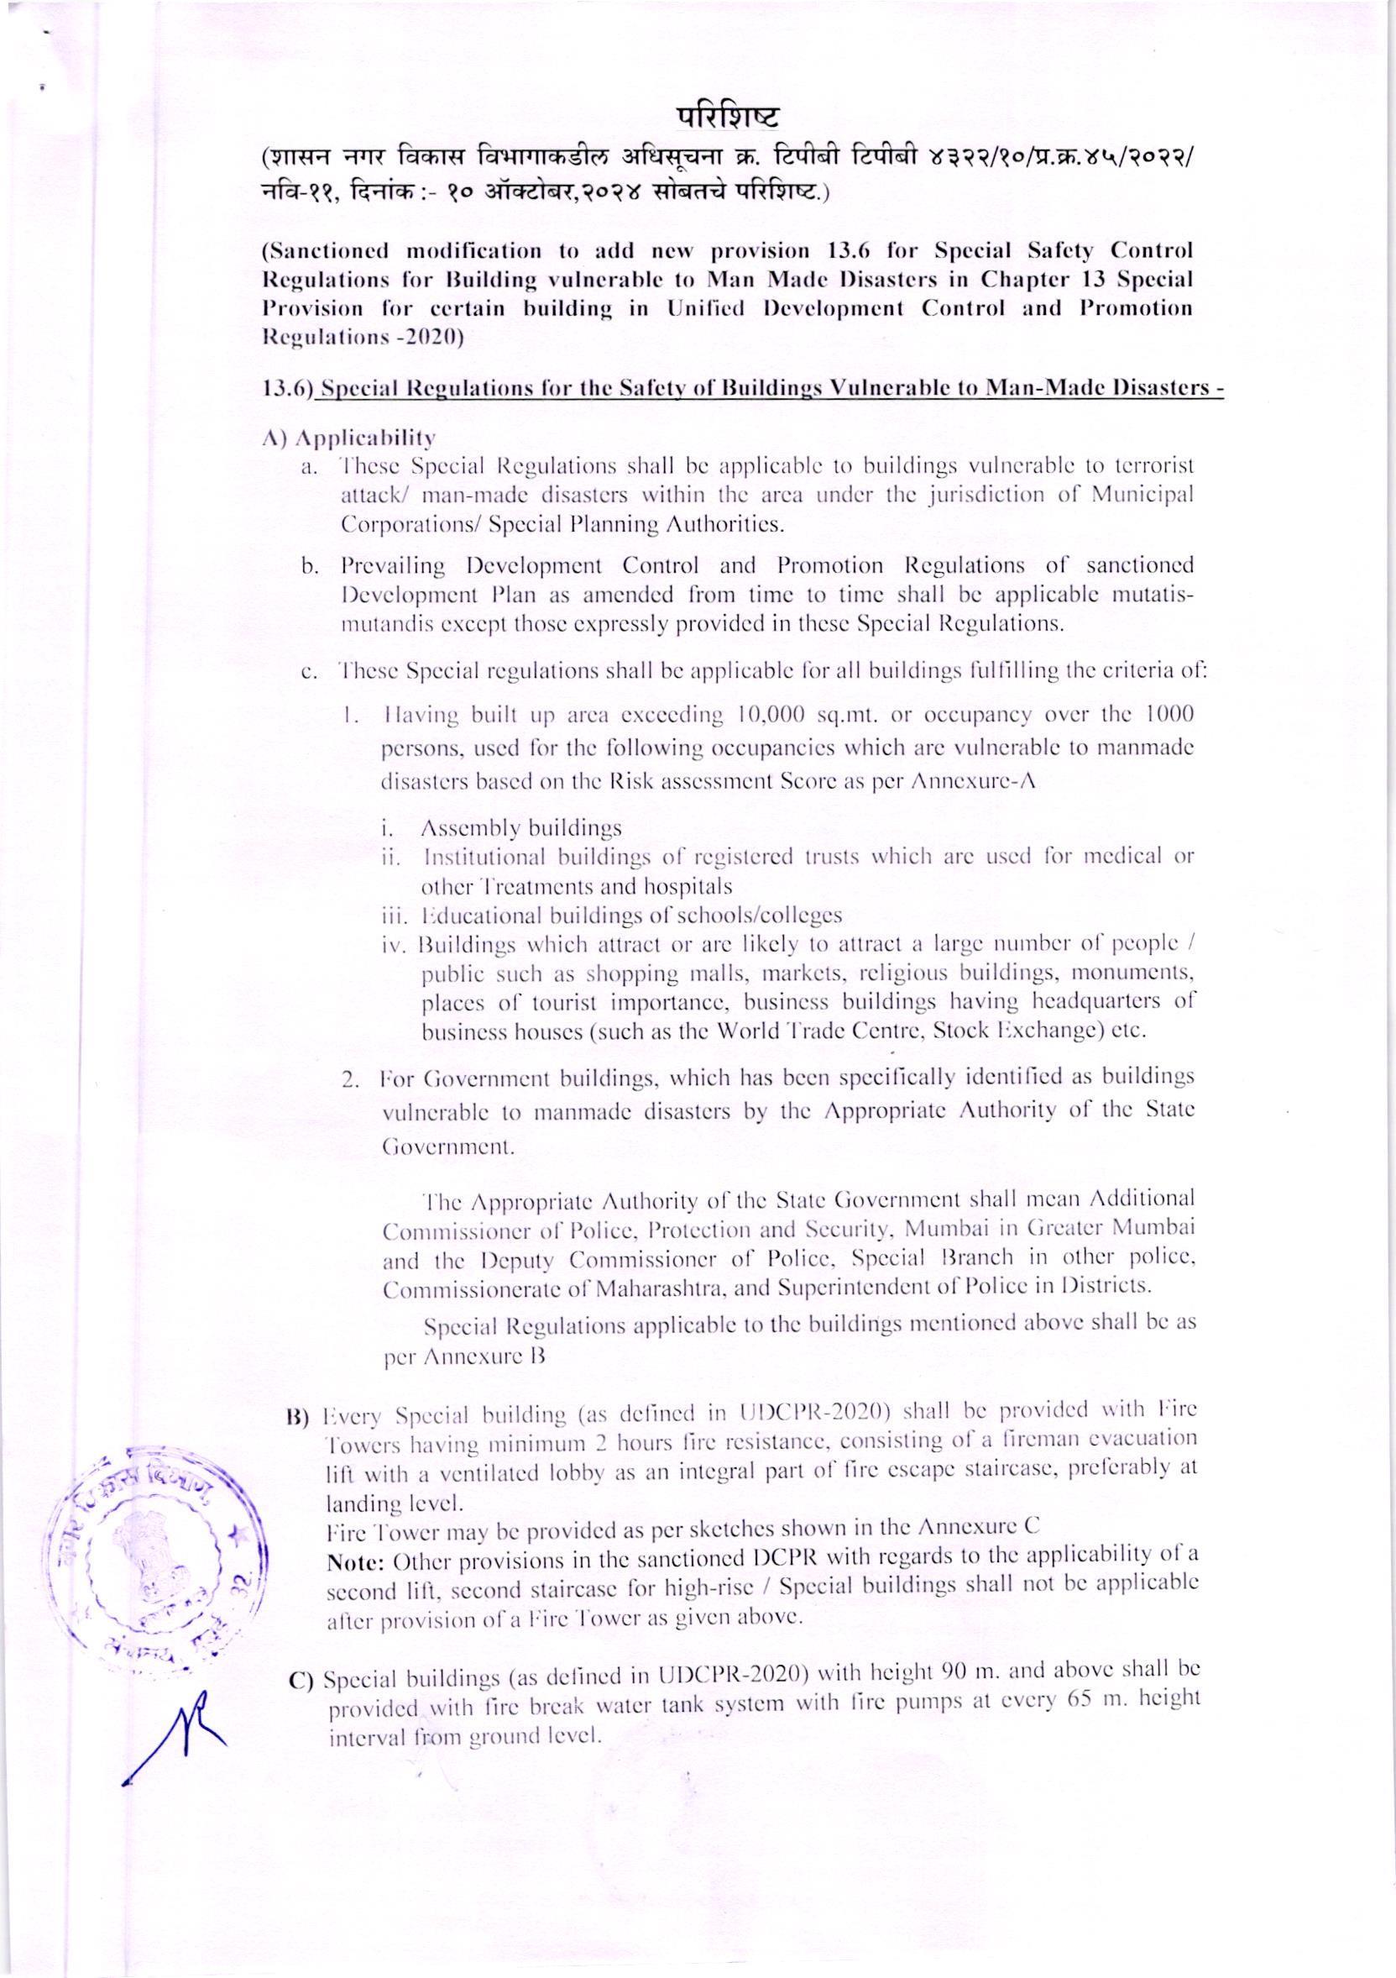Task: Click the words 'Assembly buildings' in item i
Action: pos(520,830)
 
